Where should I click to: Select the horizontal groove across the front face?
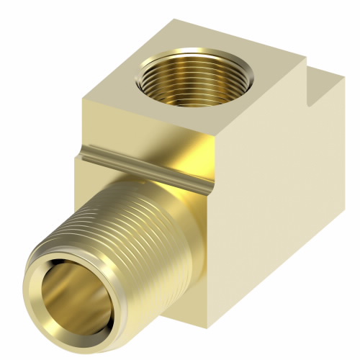point(144,162)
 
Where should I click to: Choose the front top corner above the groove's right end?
point(216,155)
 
